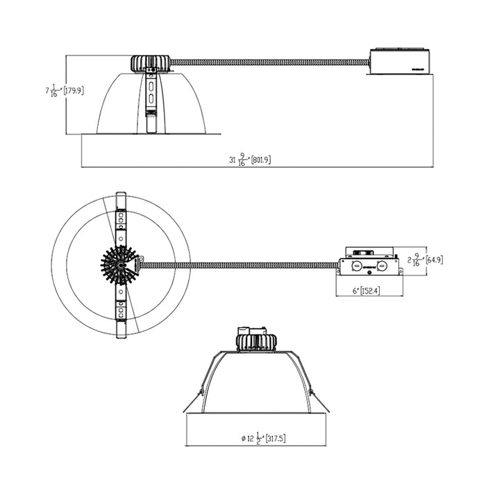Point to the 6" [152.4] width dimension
pos(364,290)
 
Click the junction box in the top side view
pos(400,62)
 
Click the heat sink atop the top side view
pos(149,62)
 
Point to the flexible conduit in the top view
pos(267,62)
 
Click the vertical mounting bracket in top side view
pos(150,101)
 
